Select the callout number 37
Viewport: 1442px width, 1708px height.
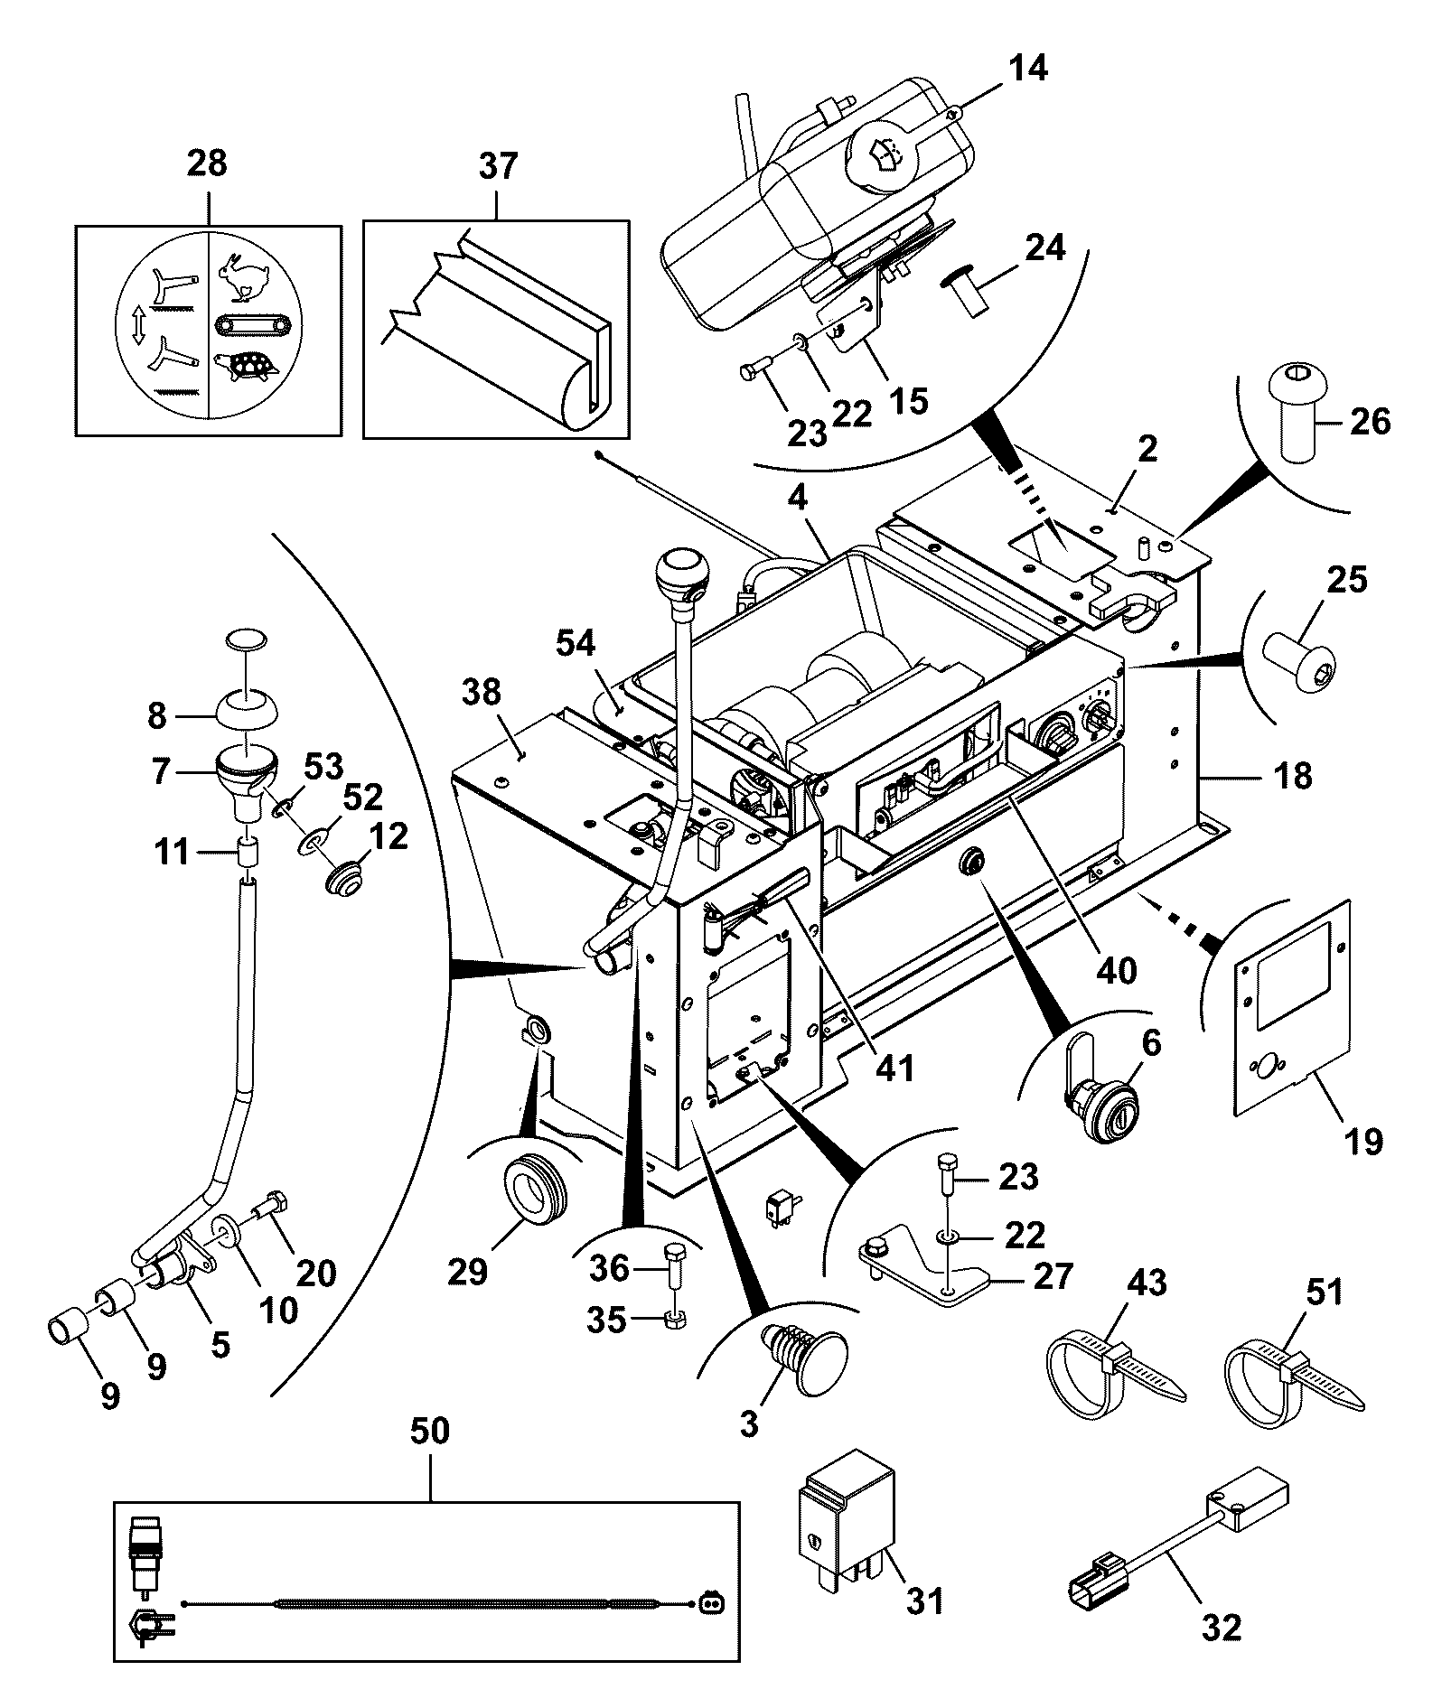pyautogui.click(x=498, y=166)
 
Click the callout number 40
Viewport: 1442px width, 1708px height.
pyautogui.click(x=1116, y=970)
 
